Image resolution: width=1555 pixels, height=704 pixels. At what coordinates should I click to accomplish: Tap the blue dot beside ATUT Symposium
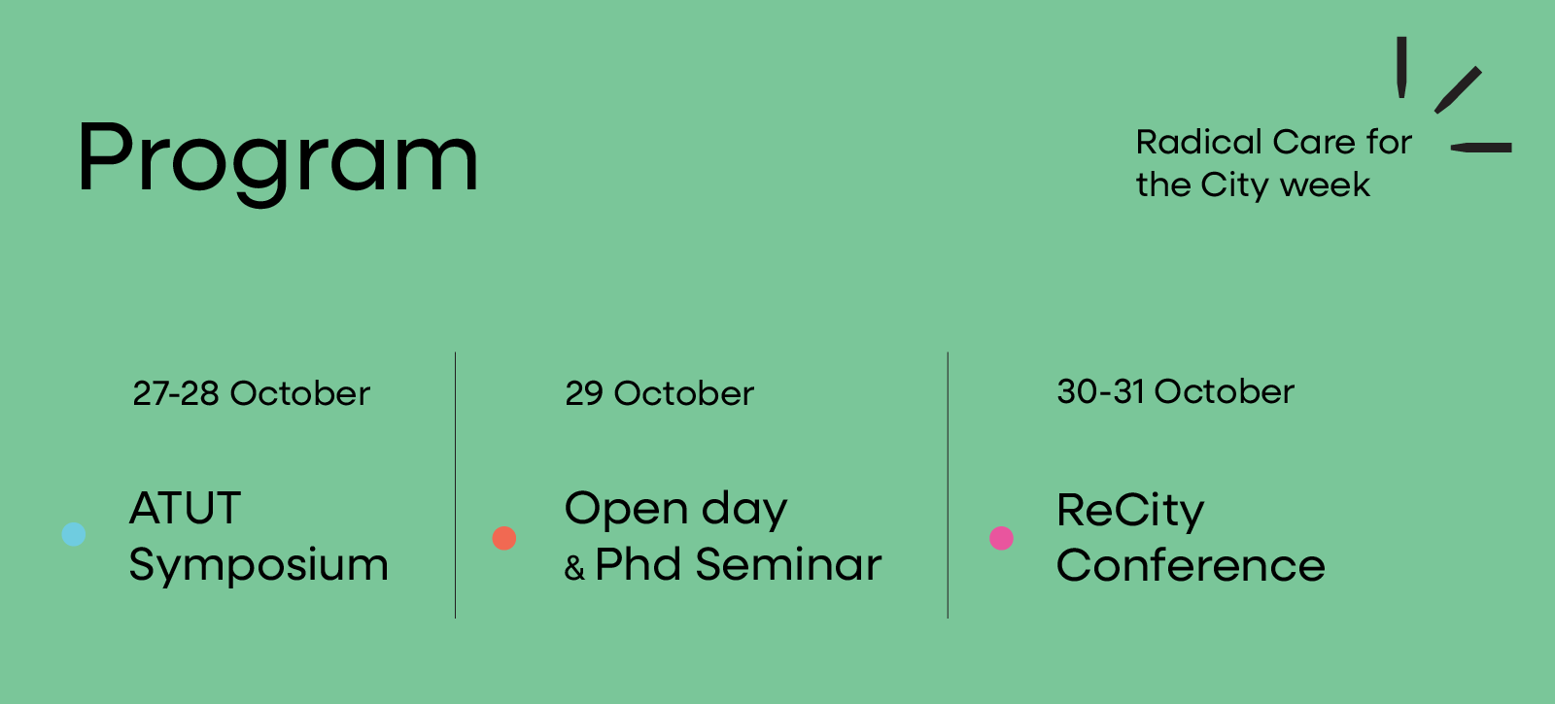[x=74, y=534]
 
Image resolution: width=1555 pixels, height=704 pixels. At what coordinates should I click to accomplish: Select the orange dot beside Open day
[x=504, y=538]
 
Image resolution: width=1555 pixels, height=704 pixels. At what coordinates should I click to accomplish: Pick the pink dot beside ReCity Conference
[x=1001, y=538]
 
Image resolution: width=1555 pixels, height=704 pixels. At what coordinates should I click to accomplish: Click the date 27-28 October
[x=252, y=393]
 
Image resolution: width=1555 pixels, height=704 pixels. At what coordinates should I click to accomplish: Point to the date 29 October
[x=660, y=393]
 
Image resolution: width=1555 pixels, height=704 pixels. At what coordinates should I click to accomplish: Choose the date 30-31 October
[x=1175, y=391]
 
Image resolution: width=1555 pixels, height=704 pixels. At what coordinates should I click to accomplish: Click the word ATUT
[x=186, y=508]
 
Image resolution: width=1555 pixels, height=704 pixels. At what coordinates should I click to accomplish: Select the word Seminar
[x=788, y=564]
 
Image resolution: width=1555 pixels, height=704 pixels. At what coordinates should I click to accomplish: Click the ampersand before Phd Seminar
[x=574, y=568]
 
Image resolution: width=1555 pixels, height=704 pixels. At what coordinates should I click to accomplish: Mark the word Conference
[x=1191, y=565]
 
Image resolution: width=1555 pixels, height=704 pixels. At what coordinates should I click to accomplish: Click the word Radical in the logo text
[x=1199, y=142]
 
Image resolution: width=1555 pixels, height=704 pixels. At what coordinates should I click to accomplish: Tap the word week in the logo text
[x=1326, y=185]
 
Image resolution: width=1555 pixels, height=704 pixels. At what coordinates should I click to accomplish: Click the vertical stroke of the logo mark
[x=1401, y=67]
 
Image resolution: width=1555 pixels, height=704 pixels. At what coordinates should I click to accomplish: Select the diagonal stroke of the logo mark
[x=1459, y=90]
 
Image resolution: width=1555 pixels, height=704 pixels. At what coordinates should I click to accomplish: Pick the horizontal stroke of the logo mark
[x=1481, y=148]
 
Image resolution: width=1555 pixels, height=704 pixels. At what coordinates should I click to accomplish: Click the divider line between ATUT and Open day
[x=456, y=485]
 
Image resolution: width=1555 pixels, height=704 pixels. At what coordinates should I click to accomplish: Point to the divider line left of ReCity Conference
[x=948, y=485]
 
